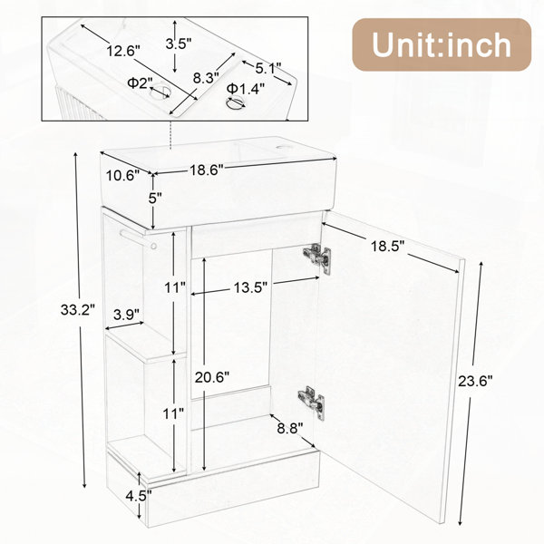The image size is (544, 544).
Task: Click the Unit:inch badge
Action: [442, 44]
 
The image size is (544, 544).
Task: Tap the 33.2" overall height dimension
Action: [78, 309]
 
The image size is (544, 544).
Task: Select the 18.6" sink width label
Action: [207, 170]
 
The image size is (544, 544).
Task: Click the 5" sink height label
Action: [155, 199]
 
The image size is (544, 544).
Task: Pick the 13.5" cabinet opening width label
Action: [250, 287]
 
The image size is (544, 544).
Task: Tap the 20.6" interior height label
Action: [212, 377]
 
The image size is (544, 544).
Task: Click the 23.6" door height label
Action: [475, 382]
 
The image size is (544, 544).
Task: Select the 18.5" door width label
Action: [388, 247]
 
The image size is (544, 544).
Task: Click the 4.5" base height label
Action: [139, 497]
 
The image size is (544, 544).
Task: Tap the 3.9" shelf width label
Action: [126, 315]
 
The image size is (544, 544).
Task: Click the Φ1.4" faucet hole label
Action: [246, 89]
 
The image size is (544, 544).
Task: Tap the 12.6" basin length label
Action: [123, 51]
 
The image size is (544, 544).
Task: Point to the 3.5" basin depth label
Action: [179, 44]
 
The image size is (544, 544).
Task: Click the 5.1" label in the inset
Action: [268, 68]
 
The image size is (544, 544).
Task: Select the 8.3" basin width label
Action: [206, 78]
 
